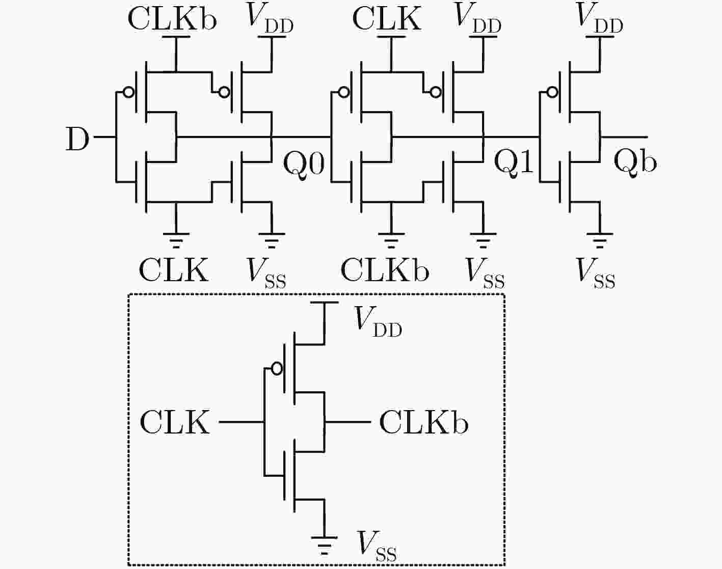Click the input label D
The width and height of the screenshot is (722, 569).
point(77,139)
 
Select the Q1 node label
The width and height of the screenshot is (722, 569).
point(514,163)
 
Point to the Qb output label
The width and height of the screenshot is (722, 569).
point(635,163)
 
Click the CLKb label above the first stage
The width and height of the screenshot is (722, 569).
point(172,19)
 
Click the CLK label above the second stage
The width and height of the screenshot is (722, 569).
point(387,19)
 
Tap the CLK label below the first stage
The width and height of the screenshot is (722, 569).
point(173,270)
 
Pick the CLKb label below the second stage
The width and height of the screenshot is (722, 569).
point(385,270)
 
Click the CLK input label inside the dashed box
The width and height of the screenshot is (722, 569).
point(174,423)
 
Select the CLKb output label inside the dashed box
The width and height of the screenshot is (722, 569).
point(424,423)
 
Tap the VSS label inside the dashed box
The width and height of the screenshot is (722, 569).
point(377,546)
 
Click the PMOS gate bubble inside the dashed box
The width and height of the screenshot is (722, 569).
point(277,369)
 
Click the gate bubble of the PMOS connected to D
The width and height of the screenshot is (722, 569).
point(128,92)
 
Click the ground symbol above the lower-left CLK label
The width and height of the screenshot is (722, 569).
point(176,240)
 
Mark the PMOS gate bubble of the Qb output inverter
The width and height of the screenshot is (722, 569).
point(552,92)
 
